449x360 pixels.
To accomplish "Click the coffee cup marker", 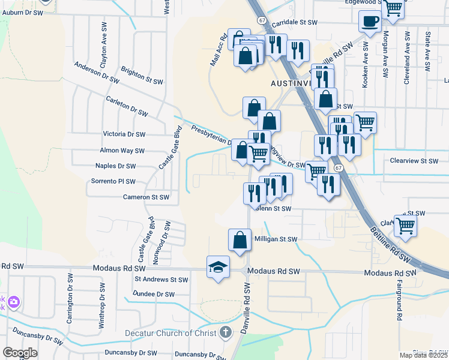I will coord(370,22).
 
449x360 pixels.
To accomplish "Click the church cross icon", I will coord(225,332).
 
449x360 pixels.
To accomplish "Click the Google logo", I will coord(19,353).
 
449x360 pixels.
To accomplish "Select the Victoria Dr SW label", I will coord(124,134).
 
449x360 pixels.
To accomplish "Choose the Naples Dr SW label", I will coord(116,166).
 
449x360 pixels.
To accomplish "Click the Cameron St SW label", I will coord(146,197).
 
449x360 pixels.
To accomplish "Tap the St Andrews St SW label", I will coord(161,279).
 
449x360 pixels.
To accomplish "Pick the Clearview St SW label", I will coord(414,161).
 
